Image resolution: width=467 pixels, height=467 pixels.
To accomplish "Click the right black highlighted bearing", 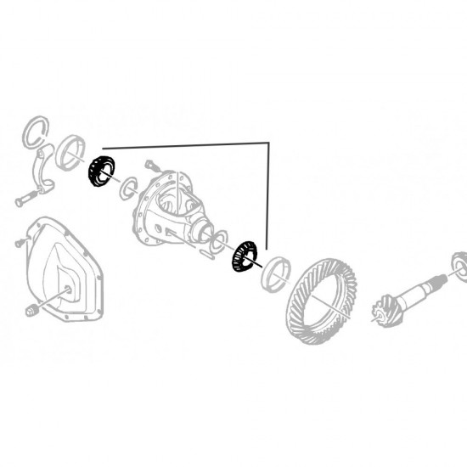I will (244, 256).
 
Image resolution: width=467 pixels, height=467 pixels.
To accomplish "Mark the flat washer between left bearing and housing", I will (127, 186).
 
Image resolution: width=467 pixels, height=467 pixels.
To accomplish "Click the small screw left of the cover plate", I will (17, 245).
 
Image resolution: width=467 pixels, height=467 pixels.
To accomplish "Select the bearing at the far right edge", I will (459, 267).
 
